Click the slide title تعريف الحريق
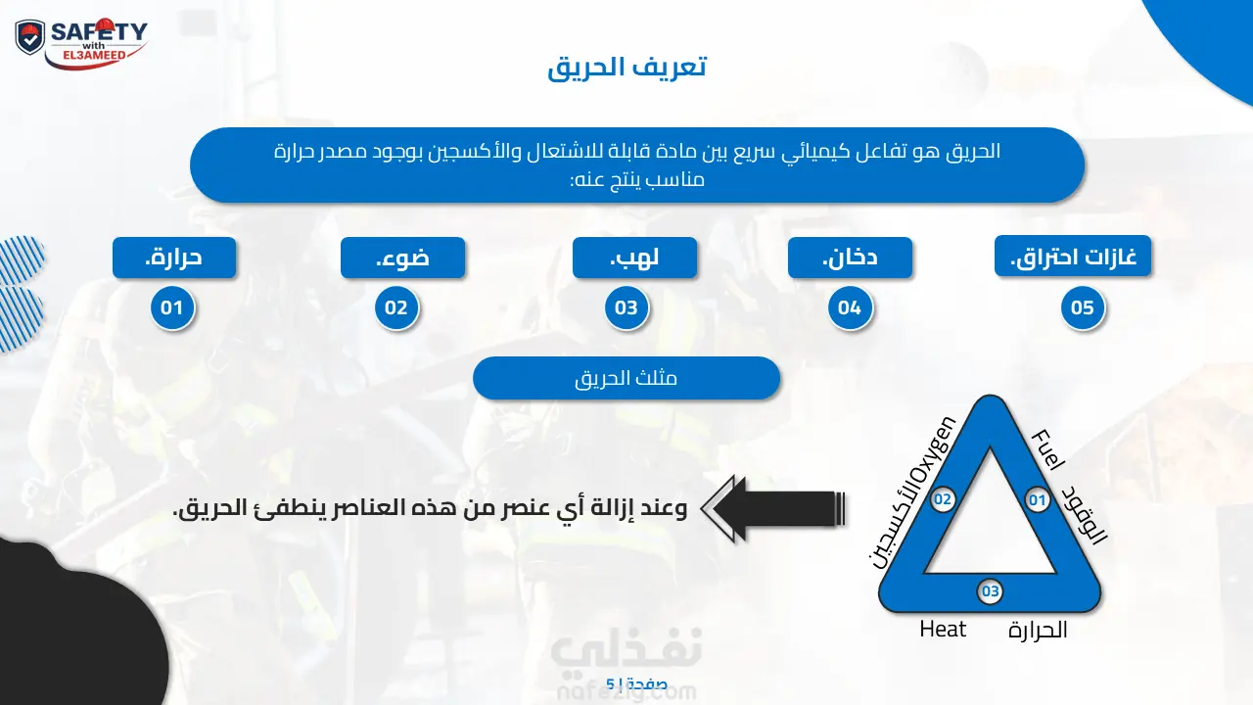[x=627, y=68]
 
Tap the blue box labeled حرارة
[x=174, y=258]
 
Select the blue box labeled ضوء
[x=402, y=258]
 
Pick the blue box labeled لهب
[x=635, y=258]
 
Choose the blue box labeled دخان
[x=851, y=258]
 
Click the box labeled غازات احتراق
[x=1073, y=256]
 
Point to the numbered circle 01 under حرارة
[x=172, y=307]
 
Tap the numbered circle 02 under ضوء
[x=396, y=307]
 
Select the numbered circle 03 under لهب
[x=626, y=307]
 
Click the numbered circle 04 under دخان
[x=851, y=307]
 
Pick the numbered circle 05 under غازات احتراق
[x=1083, y=307]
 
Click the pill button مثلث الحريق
[x=626, y=378]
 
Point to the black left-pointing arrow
[x=773, y=508]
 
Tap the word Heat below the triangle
[x=943, y=630]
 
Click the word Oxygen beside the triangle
[x=932, y=452]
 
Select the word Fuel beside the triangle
[x=1047, y=449]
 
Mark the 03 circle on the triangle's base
[x=990, y=591]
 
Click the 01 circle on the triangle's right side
[x=1038, y=499]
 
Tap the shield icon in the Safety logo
[x=30, y=38]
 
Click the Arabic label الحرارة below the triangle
[x=1038, y=631]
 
